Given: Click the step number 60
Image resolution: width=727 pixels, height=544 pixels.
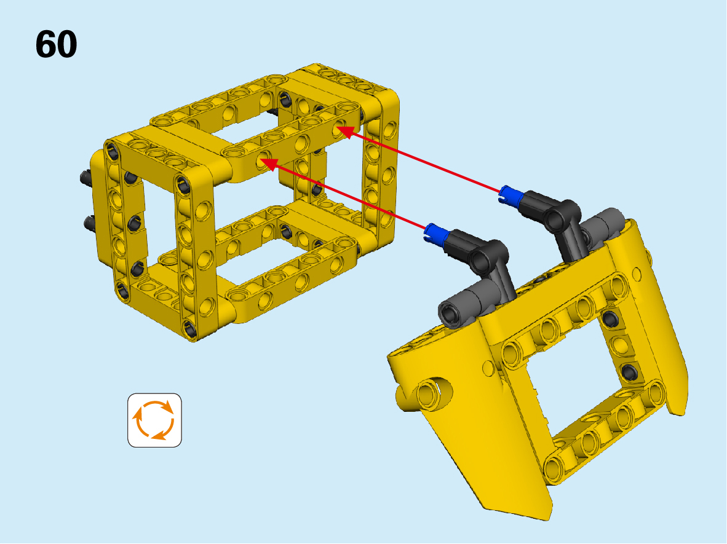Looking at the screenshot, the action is click(56, 44).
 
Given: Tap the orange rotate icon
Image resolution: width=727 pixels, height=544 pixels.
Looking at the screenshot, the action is click(154, 420).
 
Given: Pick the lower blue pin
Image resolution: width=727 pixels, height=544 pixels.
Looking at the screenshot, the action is click(436, 232).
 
